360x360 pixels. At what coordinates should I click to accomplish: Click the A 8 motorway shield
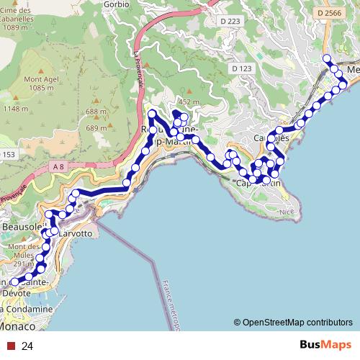[58, 167]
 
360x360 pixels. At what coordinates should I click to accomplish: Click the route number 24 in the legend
[28, 346]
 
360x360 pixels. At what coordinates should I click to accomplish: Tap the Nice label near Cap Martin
[287, 212]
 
